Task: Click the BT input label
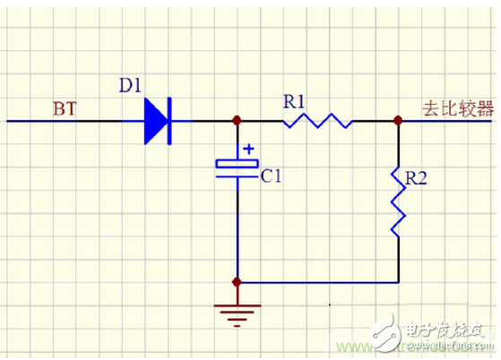click(64, 109)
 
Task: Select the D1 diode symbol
click(158, 119)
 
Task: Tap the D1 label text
click(132, 87)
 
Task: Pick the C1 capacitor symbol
click(238, 167)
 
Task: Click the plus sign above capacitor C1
click(249, 148)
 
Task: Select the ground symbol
click(238, 313)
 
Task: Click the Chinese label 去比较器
click(458, 108)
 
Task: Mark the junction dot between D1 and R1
click(238, 119)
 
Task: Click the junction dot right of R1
click(398, 119)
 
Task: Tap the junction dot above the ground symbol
click(238, 282)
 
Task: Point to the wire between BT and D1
click(72, 119)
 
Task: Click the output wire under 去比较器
click(448, 119)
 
